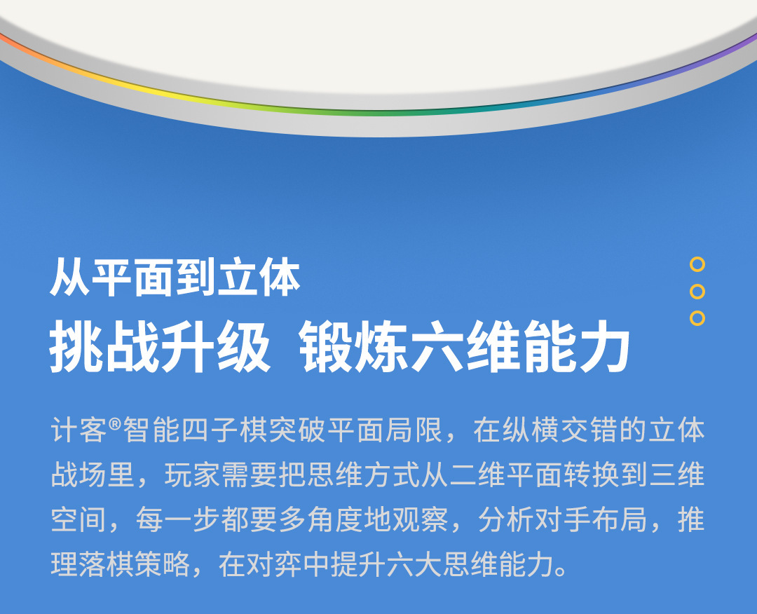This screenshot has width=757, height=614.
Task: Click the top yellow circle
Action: pos(697,264)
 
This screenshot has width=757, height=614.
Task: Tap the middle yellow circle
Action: pos(697,291)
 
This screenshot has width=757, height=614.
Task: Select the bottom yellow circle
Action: pos(697,318)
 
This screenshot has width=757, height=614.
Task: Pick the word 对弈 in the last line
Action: pos(276,565)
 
